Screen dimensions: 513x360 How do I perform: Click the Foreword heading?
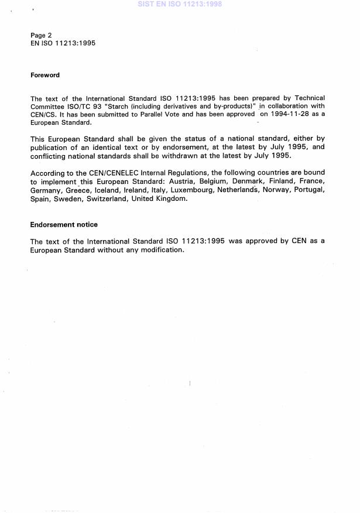(45, 75)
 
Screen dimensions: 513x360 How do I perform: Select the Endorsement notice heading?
(64, 224)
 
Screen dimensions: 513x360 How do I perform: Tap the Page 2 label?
(41, 35)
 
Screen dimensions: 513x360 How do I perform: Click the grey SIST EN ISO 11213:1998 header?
(180, 4)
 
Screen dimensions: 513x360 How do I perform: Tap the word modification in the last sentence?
(162, 249)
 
